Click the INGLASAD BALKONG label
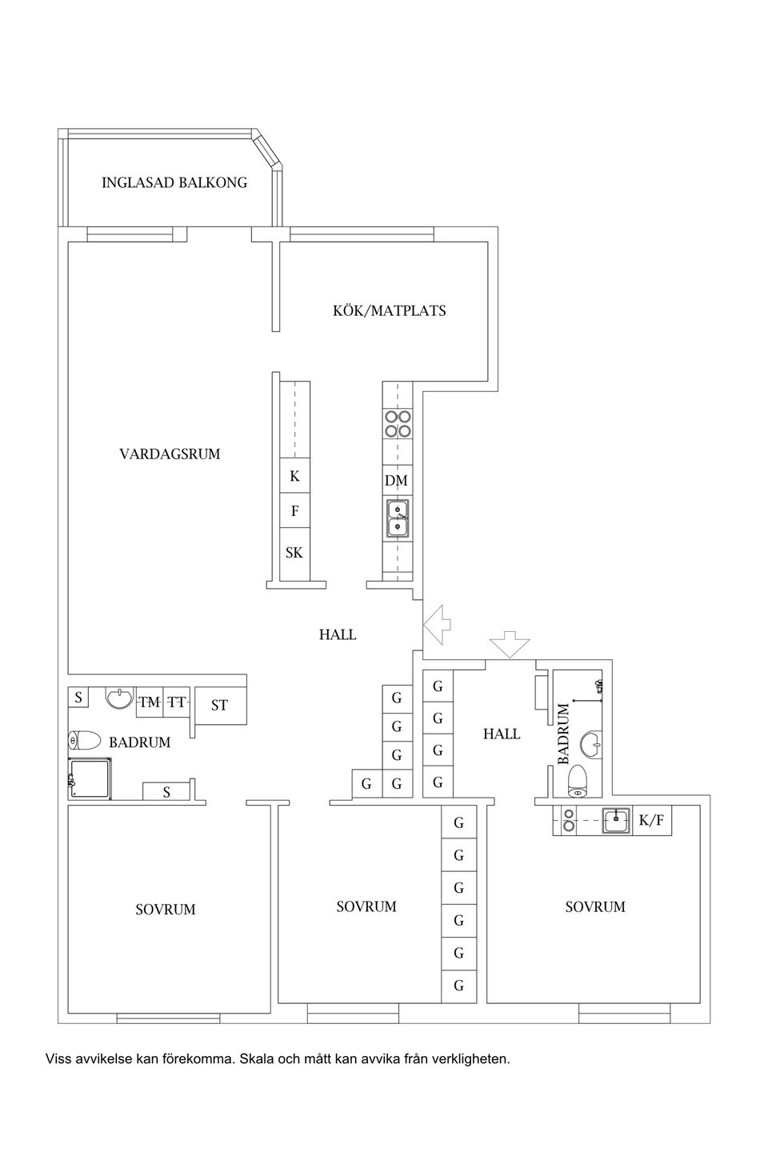coord(174,182)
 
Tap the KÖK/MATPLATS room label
coord(389,310)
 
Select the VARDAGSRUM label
coord(170,454)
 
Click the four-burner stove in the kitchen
coord(398,423)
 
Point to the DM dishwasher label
coord(396,481)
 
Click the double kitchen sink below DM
coord(398,518)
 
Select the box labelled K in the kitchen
coord(294,476)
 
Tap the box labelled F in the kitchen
coord(294,510)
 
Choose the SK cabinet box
coord(294,553)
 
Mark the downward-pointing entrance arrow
coord(509,643)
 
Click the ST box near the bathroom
coord(219,705)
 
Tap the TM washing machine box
coord(149,702)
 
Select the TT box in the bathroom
coord(177,702)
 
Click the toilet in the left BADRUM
coord(84,741)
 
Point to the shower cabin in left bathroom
coord(90,778)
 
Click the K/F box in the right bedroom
coord(651,820)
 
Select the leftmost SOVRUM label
coord(166,910)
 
